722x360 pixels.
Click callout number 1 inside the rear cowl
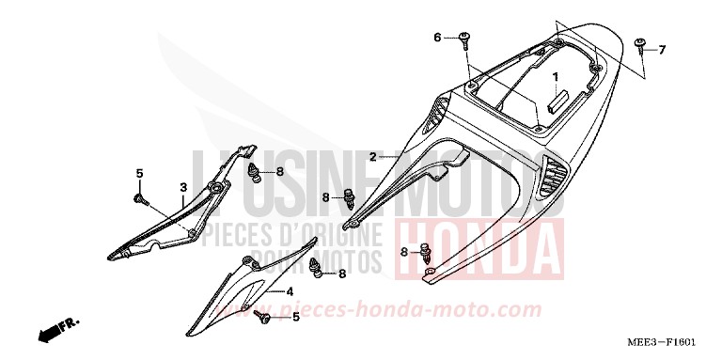[x=556, y=76]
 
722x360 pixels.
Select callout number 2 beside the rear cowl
[x=373, y=156]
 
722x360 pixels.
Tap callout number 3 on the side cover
[x=183, y=187]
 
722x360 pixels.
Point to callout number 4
[x=290, y=291]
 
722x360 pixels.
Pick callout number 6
[x=436, y=38]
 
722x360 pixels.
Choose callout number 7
[x=662, y=49]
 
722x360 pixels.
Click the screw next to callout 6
[x=464, y=39]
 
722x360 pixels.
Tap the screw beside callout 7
[x=639, y=44]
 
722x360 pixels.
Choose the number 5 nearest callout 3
[x=139, y=173]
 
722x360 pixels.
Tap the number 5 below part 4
[x=296, y=318]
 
